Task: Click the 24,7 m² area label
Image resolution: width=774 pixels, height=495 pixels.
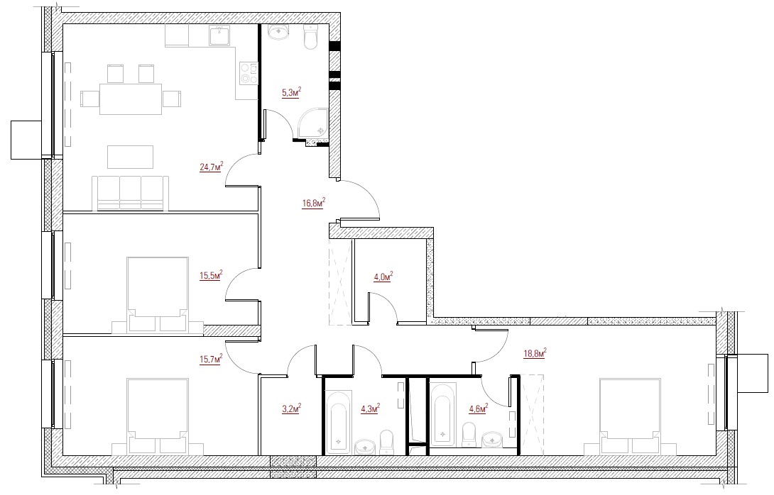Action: [x=211, y=167]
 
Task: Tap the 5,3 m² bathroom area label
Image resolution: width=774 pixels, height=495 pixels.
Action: [x=291, y=92]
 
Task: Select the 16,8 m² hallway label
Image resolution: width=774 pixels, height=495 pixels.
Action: [x=313, y=203]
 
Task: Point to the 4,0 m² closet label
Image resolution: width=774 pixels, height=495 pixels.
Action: [x=383, y=276]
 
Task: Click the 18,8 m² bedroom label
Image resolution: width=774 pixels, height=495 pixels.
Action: [x=535, y=353]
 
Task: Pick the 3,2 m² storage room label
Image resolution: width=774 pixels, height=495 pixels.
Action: [x=291, y=408]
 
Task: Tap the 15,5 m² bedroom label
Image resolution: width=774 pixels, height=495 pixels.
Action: [x=211, y=274]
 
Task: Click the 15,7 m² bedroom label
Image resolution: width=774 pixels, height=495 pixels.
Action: [x=211, y=358]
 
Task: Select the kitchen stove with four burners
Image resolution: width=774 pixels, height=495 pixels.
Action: [x=249, y=73]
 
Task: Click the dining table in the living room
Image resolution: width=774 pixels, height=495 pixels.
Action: [x=131, y=99]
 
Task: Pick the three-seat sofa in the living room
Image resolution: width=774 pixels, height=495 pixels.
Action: [x=131, y=194]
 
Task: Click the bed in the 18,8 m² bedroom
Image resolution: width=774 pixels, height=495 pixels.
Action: [x=630, y=416]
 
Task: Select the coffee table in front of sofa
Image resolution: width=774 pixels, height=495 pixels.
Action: [x=131, y=157]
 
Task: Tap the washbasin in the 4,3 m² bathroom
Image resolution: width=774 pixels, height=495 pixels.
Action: [x=365, y=447]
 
